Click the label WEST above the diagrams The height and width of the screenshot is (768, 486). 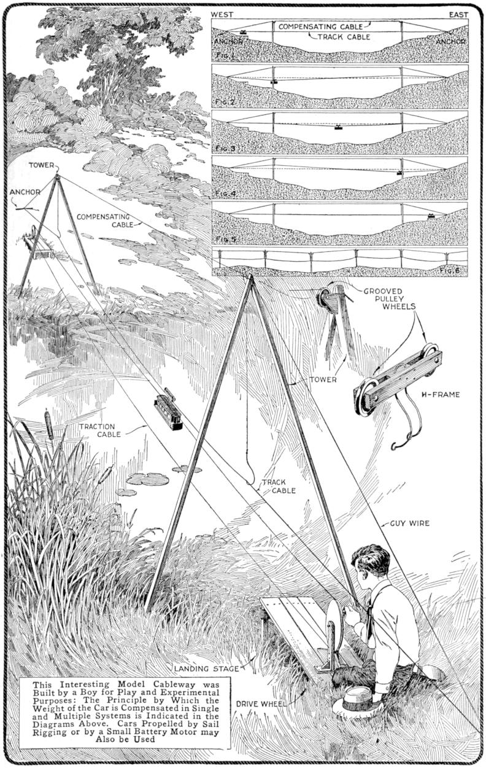(x=222, y=15)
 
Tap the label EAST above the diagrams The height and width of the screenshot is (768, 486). (x=458, y=15)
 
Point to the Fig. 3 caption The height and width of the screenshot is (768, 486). (x=226, y=149)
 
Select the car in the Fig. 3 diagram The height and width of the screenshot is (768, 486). (x=338, y=127)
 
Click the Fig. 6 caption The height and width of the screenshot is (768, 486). (x=450, y=270)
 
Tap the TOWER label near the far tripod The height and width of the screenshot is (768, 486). (x=42, y=165)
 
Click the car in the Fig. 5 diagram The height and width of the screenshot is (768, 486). (x=431, y=216)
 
